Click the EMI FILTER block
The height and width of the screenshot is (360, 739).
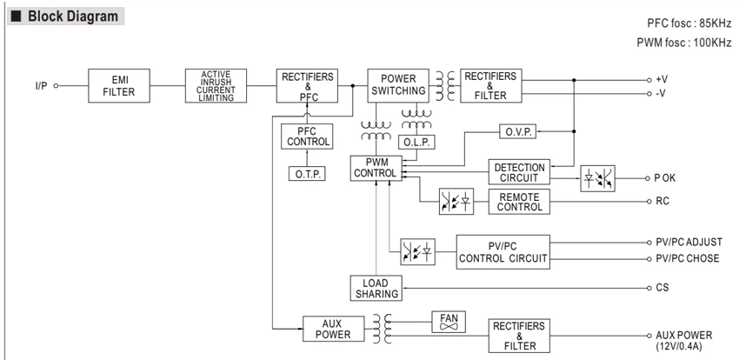(119, 86)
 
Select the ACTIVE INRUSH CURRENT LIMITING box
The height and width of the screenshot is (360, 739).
(216, 86)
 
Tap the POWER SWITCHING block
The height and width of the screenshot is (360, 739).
(398, 86)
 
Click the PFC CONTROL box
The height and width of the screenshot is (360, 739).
(307, 137)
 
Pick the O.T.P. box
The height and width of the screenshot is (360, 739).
(307, 174)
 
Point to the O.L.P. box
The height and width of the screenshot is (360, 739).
(416, 143)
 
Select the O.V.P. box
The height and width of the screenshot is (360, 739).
(518, 132)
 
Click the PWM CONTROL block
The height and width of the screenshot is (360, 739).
(376, 168)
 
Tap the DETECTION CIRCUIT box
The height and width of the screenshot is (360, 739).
(519, 172)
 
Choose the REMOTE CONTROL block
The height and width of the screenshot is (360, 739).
(519, 202)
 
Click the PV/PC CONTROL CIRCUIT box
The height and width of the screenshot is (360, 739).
(503, 252)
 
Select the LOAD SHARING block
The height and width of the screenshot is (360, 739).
(376, 288)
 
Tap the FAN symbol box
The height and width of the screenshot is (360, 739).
(449, 322)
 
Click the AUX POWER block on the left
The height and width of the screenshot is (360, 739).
(333, 329)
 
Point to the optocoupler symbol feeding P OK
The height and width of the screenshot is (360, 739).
(597, 178)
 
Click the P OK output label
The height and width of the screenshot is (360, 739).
(665, 178)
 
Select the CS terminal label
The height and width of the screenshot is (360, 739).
(662, 288)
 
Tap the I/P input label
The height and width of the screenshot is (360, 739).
(41, 86)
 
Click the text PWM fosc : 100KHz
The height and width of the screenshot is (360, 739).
(684, 43)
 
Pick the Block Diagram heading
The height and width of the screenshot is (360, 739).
(65, 16)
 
